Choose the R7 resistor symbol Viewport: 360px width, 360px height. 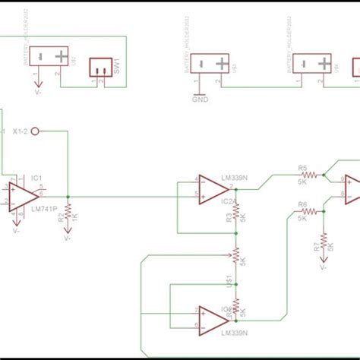[x=325, y=241]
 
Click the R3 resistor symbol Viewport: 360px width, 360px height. [x=236, y=216]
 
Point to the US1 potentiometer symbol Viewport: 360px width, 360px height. [x=236, y=257]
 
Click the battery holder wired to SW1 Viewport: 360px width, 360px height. [x=61, y=58]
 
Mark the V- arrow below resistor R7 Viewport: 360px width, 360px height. [x=324, y=267]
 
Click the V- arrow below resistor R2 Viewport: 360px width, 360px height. [x=68, y=235]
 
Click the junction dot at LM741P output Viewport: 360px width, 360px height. [x=68, y=196]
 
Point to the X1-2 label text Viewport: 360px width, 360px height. [x=21, y=131]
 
